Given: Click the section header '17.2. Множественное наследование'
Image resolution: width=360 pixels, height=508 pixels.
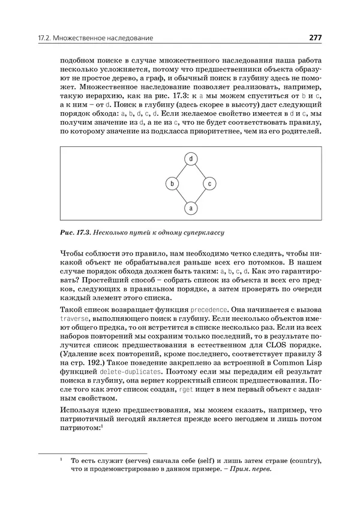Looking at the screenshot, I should (95, 38).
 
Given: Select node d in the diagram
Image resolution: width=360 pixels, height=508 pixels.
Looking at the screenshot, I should (190, 159).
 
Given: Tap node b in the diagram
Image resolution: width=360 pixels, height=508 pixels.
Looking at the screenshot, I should (172, 183).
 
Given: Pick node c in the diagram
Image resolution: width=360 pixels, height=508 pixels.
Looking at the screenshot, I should (209, 183).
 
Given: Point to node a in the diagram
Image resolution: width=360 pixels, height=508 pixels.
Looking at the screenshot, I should (190, 208).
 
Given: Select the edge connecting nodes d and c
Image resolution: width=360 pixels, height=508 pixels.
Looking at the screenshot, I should (200, 171).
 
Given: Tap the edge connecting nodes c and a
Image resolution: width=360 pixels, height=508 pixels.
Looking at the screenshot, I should (200, 196).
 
